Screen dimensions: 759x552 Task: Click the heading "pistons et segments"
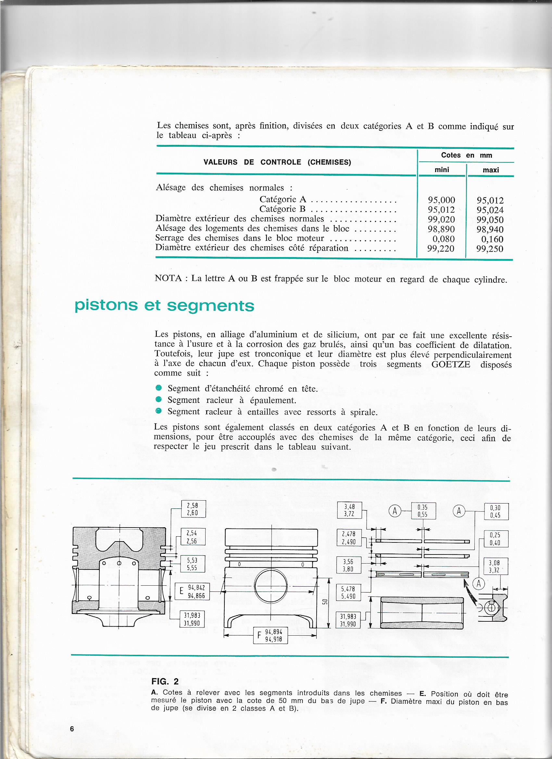point(164,305)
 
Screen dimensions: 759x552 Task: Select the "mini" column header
point(442,170)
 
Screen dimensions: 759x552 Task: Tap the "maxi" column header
point(490,170)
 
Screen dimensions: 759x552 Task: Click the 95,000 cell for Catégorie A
point(441,200)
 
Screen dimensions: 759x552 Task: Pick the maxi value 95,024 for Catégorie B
point(490,210)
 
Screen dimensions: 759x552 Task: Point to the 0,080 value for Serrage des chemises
point(443,239)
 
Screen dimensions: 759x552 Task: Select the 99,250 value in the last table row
point(490,249)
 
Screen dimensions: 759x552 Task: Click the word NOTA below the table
point(168,278)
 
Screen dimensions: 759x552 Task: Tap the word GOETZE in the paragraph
point(451,364)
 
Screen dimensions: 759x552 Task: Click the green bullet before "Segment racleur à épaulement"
point(159,399)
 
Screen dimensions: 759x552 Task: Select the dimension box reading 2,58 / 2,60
point(193,509)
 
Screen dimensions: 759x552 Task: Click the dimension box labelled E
point(192,591)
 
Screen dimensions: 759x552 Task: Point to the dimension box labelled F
point(270,635)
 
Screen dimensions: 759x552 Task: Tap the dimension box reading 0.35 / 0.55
point(423,511)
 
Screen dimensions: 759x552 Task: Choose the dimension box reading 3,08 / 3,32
point(496,566)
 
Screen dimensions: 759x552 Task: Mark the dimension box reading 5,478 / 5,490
point(348,592)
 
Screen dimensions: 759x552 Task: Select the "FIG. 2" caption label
point(165,681)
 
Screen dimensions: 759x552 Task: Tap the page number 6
point(72,728)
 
